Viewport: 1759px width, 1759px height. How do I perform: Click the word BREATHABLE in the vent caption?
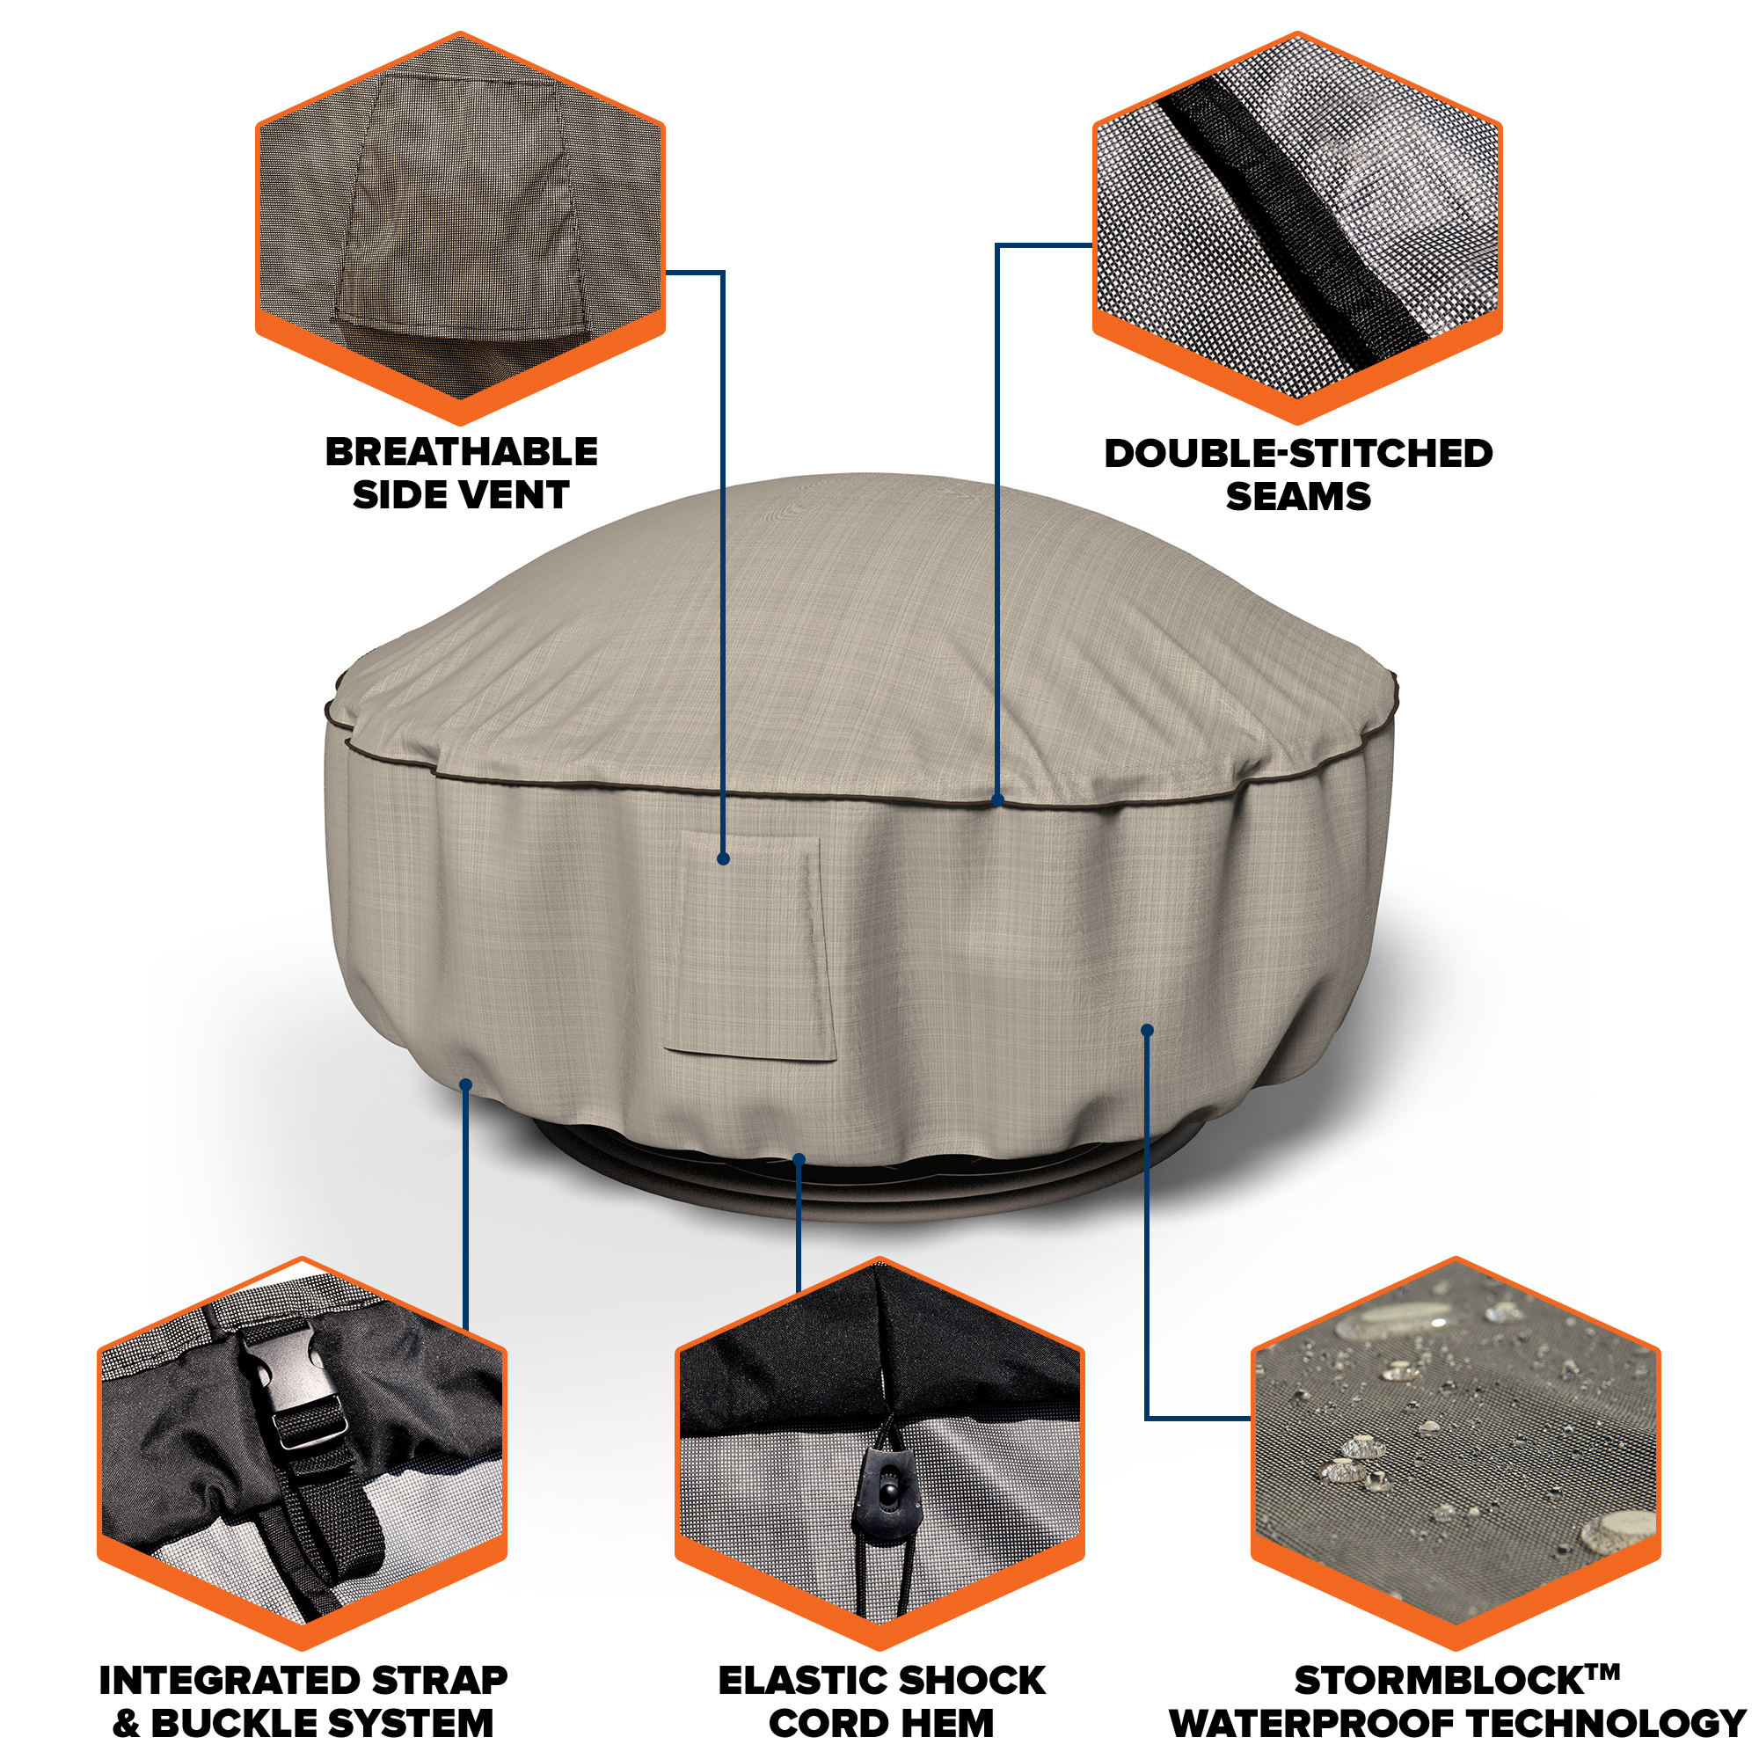tap(462, 451)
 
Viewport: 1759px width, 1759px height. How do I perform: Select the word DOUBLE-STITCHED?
tap(1298, 454)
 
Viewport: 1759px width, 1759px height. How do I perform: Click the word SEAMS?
tap(1298, 496)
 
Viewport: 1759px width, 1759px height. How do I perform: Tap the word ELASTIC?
tap(795, 1681)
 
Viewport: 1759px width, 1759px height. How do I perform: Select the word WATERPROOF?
tap(1314, 1724)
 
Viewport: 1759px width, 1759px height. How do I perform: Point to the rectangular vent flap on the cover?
tap(750, 948)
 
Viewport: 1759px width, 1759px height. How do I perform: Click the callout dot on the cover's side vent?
tap(723, 858)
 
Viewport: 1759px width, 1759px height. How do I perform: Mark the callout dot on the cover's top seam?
tap(998, 800)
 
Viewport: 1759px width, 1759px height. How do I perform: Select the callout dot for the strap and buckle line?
tap(465, 1084)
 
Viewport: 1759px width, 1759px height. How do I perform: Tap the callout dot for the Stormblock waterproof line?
tap(1147, 1030)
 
